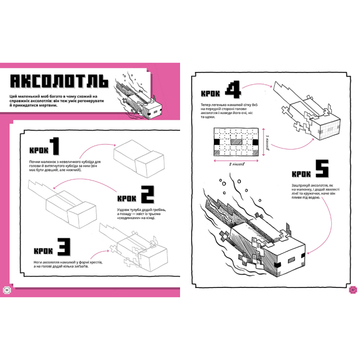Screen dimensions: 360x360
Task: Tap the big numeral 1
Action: [x=53, y=147]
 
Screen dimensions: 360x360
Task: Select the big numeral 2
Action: [x=146, y=194]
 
